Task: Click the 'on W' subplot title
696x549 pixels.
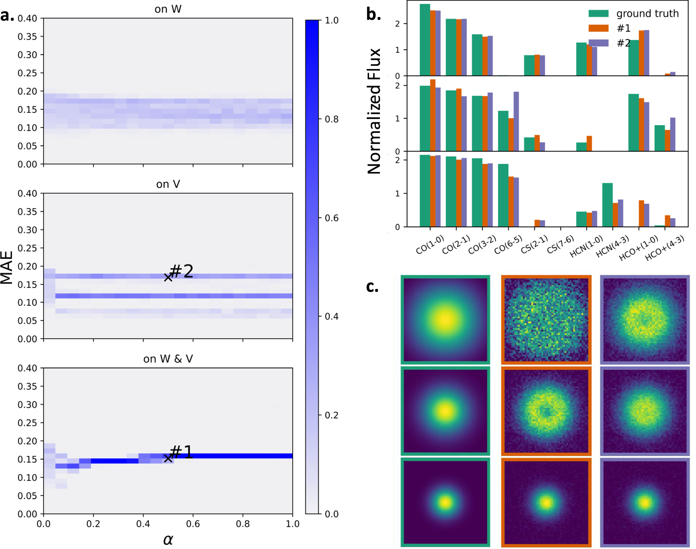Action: (168, 9)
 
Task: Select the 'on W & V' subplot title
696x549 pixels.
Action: (168, 359)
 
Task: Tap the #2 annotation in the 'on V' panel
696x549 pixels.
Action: (181, 271)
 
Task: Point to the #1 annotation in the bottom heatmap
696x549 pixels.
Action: (181, 452)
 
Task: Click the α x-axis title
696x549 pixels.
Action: (168, 539)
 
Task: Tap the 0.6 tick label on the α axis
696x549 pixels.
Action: (193, 524)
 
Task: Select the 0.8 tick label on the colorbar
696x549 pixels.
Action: (331, 119)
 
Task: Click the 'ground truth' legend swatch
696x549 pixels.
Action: (598, 14)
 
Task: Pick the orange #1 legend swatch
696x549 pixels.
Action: (598, 28)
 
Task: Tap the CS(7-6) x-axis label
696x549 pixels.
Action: (560, 244)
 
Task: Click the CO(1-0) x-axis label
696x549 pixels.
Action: (430, 244)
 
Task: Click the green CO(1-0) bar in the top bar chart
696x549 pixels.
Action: (425, 40)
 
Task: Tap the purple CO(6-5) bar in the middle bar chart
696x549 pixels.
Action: (516, 121)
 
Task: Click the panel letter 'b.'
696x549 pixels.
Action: (373, 15)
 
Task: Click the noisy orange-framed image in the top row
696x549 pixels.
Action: (546, 320)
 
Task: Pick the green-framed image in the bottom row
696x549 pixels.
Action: (445, 502)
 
